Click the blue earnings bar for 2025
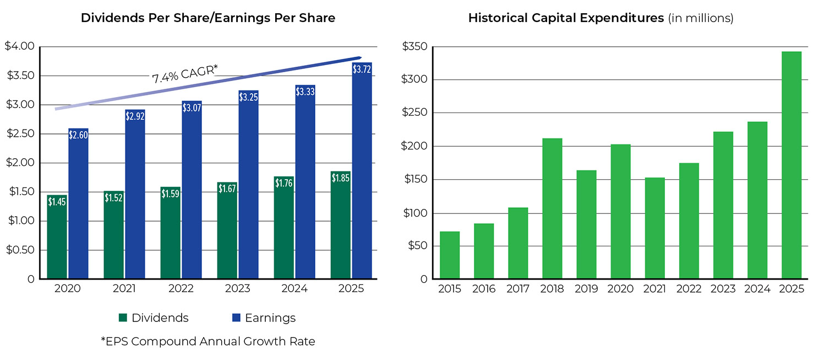[x=362, y=182]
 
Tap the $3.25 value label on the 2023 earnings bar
[x=248, y=97]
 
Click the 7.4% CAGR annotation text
[x=185, y=73]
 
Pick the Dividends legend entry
[x=154, y=318]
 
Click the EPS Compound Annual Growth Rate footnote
[x=208, y=341]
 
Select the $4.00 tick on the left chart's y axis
[x=19, y=46]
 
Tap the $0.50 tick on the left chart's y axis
[x=19, y=250]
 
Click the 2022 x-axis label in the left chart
[x=181, y=289]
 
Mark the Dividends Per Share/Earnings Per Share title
[x=208, y=18]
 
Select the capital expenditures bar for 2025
[x=791, y=165]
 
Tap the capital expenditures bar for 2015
[x=450, y=255]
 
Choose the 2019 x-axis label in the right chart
[x=586, y=289]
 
